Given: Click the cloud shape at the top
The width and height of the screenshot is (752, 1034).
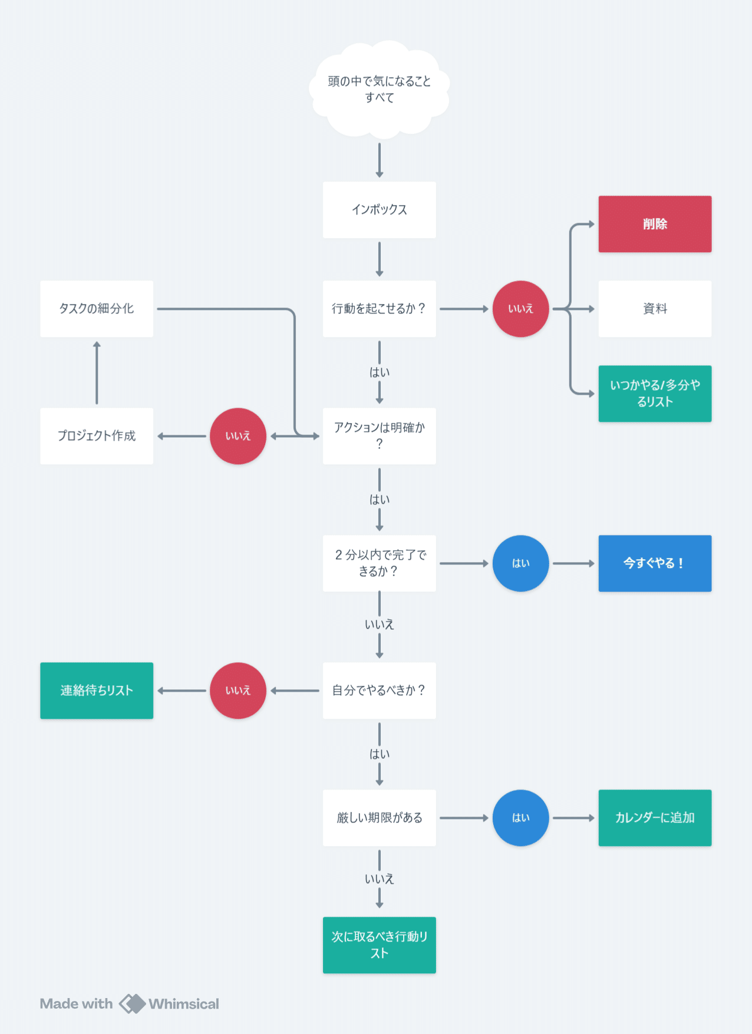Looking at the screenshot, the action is (x=379, y=89).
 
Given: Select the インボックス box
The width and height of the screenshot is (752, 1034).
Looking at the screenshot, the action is (x=380, y=210).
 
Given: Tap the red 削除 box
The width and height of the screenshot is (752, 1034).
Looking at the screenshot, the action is (x=655, y=224).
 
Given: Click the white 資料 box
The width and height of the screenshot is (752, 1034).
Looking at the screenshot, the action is (x=655, y=309).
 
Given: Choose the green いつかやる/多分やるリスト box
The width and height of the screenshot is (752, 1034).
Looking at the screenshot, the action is (x=655, y=394).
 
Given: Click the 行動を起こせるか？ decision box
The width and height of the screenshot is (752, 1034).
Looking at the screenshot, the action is (x=380, y=309).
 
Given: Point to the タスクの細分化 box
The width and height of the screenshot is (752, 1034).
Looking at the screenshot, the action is (x=97, y=309).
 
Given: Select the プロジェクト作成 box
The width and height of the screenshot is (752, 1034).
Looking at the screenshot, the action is (x=97, y=436).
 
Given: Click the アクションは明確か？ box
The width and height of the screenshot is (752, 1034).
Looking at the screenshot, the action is (x=380, y=436).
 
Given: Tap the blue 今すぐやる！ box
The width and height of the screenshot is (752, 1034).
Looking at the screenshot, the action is (x=655, y=563).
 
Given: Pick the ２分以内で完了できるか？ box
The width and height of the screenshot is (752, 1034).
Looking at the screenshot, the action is (x=380, y=563).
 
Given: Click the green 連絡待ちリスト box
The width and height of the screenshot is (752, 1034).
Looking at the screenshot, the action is (x=97, y=691).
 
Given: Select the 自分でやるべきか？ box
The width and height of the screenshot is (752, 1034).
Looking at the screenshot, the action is (x=380, y=691).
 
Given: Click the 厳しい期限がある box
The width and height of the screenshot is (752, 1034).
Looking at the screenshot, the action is (x=380, y=818).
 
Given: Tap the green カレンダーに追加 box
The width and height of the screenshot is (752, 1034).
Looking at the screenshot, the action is (x=655, y=818).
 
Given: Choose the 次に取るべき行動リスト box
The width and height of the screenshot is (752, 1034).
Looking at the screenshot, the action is (x=380, y=945).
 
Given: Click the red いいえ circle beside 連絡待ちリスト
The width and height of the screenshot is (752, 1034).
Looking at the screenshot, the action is (x=238, y=691).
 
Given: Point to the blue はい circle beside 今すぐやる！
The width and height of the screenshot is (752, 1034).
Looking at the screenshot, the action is (x=521, y=563).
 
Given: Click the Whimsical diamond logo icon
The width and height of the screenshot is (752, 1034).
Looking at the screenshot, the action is (x=132, y=1004).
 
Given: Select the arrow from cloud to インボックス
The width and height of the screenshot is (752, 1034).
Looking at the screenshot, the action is (x=380, y=160).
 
